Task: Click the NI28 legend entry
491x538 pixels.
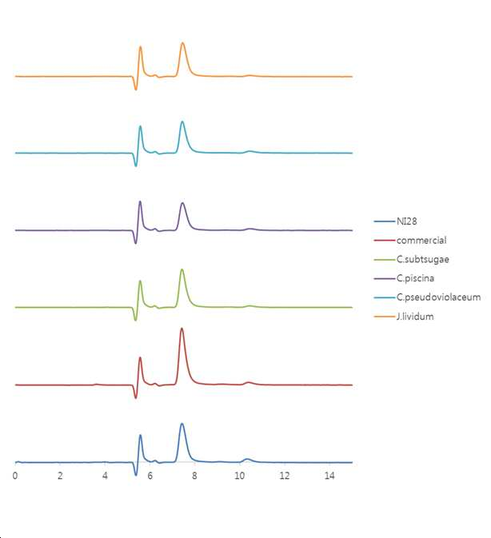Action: (406, 221)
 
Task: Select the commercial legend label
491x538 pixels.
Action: (421, 240)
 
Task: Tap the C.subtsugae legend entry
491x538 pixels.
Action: (423, 259)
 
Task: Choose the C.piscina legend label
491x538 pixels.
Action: (415, 278)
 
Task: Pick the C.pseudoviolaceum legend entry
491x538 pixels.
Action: (438, 297)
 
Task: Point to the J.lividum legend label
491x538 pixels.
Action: (415, 317)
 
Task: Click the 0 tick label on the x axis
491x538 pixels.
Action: (15, 476)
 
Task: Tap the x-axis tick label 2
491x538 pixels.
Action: (60, 476)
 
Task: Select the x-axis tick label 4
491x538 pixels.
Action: (105, 476)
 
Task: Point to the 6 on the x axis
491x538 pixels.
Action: (150, 476)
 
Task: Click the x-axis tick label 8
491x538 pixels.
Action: (194, 476)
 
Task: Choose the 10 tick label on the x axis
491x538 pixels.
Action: (239, 476)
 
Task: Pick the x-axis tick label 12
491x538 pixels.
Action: (285, 476)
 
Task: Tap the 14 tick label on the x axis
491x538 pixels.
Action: (329, 476)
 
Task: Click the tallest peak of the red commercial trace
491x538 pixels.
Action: (182, 329)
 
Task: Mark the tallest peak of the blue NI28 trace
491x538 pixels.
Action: (182, 424)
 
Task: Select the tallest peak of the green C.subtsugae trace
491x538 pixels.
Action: (182, 269)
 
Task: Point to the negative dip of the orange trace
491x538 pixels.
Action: (135, 90)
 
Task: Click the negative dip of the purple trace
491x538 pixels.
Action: (135, 243)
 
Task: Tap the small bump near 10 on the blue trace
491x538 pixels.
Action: (247, 459)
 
